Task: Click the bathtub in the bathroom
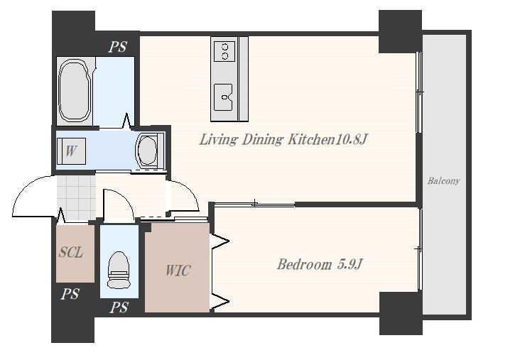coord(75,91)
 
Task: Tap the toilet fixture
coord(119,270)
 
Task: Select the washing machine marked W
coord(71,151)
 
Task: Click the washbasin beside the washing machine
coord(150,150)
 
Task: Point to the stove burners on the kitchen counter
coord(224,51)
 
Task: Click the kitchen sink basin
coord(223,97)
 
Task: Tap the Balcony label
coord(443,180)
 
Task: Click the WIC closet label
coord(178,271)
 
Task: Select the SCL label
coord(70,253)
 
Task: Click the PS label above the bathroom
coord(118,47)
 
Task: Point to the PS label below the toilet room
coord(119,307)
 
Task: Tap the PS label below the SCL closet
coord(70,294)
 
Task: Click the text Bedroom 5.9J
coord(320,265)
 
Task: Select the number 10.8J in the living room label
coord(350,140)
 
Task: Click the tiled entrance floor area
coord(76,197)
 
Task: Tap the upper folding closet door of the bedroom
coord(220,241)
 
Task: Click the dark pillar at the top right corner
coord(400,31)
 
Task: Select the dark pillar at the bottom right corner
coord(401,313)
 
